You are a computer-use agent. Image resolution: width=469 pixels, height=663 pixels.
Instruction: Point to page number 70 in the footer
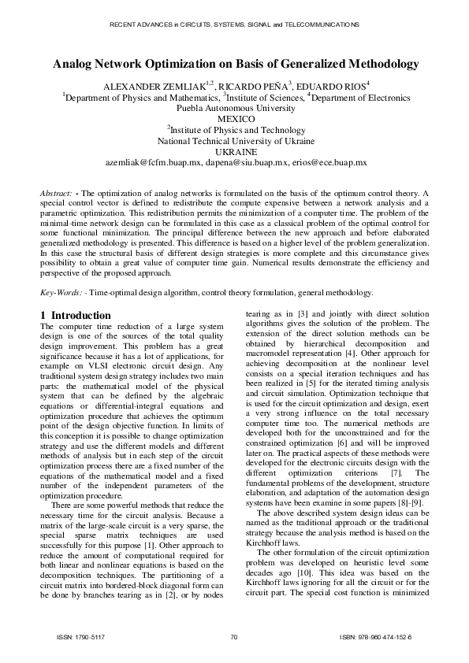click(x=234, y=637)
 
